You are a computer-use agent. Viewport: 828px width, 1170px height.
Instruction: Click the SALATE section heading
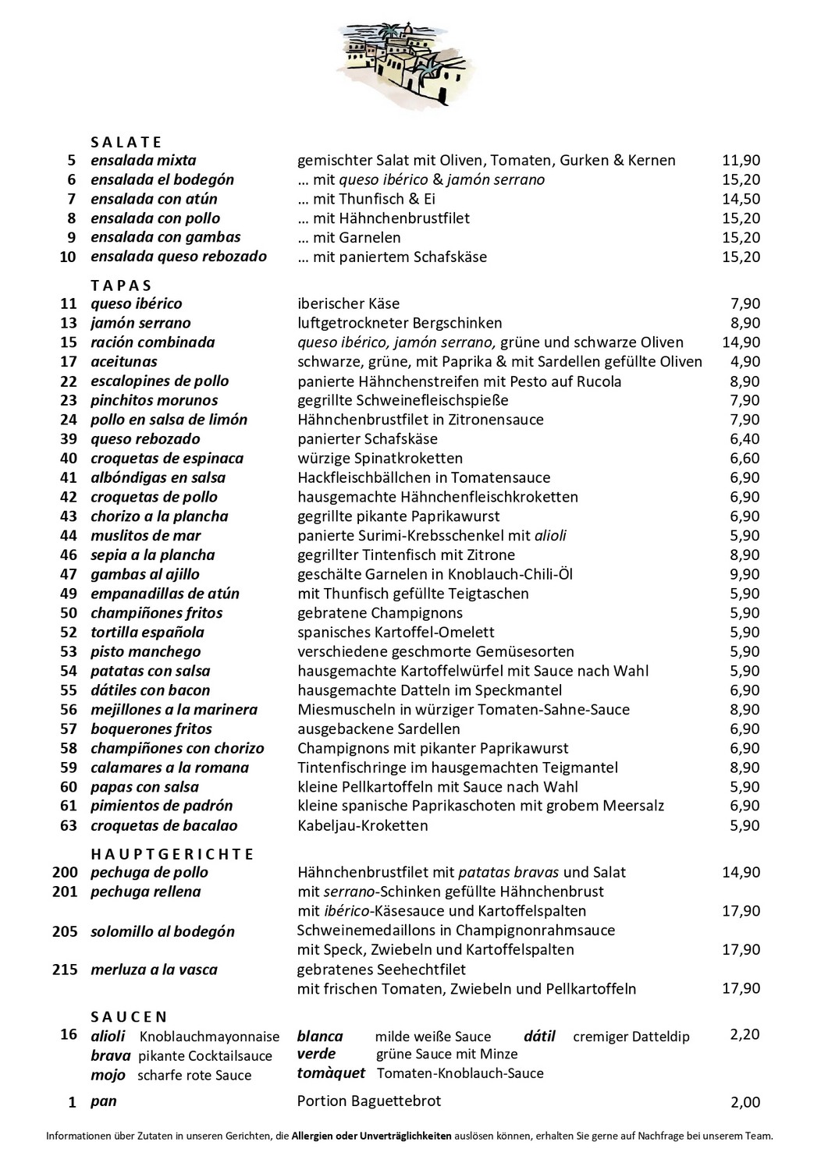tap(126, 142)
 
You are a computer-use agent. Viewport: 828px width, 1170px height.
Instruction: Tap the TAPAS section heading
tap(121, 285)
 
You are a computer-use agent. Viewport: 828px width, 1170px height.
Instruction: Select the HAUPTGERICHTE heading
tap(172, 854)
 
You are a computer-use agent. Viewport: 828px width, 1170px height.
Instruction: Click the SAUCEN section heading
tap(129, 1017)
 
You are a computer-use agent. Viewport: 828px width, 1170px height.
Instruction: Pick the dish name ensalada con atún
tap(154, 199)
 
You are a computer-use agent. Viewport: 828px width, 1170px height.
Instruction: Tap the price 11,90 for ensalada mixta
tap(741, 161)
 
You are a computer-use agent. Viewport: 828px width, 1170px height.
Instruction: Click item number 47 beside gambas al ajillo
tap(69, 575)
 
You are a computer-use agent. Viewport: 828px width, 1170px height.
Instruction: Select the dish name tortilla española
tap(147, 633)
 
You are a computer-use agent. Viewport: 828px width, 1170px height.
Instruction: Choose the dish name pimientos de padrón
tap(162, 807)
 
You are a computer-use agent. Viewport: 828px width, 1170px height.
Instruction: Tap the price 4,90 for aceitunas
tap(744, 362)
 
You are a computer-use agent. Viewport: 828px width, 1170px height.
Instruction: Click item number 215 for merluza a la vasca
tap(65, 970)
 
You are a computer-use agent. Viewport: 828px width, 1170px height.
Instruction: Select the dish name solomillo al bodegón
tap(162, 932)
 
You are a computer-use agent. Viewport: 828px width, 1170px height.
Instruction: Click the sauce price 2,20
tap(744, 1035)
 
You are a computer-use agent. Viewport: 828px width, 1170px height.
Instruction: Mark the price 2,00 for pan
tap(744, 1103)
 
